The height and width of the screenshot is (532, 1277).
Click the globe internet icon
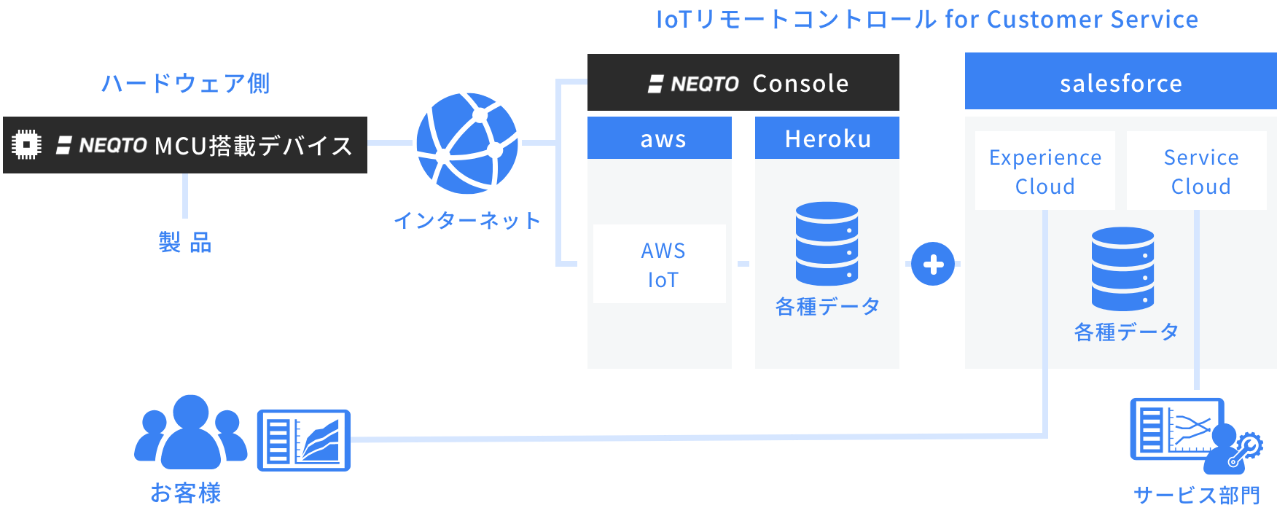tap(467, 143)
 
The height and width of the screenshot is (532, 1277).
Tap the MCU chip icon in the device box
tap(27, 144)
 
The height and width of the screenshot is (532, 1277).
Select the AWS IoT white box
tap(660, 264)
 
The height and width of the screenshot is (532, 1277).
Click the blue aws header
tap(660, 138)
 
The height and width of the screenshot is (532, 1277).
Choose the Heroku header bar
tap(827, 138)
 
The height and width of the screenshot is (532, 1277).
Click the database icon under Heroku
tap(827, 243)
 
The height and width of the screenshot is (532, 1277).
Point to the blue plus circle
tap(933, 264)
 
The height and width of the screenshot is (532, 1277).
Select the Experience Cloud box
tap(1044, 171)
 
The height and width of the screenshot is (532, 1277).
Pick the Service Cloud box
tap(1197, 171)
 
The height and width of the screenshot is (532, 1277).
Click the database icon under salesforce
tap(1122, 269)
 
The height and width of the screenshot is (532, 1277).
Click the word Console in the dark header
tap(800, 84)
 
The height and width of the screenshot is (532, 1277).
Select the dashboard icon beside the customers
tap(304, 440)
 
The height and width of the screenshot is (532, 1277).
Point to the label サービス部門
tap(1196, 496)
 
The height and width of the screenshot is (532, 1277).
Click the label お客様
tap(185, 493)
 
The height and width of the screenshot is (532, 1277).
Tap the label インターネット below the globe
tap(467, 220)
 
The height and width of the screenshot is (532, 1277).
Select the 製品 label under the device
tap(185, 242)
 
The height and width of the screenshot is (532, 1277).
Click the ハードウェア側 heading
tap(185, 83)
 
